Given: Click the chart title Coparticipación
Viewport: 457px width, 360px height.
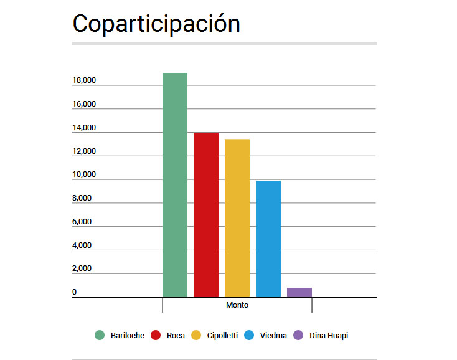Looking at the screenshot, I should click(156, 24).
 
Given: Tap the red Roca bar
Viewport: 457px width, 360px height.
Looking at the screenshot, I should click(205, 215).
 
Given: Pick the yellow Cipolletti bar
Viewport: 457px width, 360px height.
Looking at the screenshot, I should click(237, 218).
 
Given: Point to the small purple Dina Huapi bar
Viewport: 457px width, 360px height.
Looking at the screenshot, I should click(299, 292).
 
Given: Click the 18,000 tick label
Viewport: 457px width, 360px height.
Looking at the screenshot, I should click(84, 80).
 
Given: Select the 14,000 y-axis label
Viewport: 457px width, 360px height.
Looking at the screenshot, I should click(84, 128).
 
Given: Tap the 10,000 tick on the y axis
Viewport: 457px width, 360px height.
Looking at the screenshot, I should click(84, 174).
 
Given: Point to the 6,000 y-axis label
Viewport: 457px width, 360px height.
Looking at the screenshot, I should click(82, 222).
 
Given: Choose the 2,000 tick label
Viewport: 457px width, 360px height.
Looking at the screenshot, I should click(82, 269).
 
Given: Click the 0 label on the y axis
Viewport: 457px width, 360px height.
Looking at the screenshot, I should click(74, 292).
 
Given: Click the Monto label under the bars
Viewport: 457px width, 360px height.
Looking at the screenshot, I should click(237, 305).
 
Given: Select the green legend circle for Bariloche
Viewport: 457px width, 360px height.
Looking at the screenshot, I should click(100, 335).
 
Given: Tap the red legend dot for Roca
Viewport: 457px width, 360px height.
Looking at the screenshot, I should click(156, 335).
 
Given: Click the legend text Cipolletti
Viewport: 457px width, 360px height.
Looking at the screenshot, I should click(222, 335).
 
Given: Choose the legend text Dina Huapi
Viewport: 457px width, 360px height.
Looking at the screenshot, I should click(329, 335).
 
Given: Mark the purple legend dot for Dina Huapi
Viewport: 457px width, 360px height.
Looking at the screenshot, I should click(298, 335).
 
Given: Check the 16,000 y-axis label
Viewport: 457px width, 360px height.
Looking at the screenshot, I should click(84, 104).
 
